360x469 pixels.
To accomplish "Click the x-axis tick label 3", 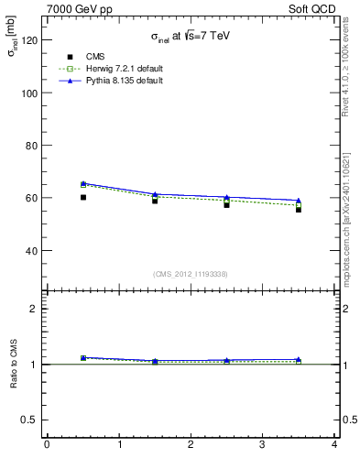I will click(262, 446).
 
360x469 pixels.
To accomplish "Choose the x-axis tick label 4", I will click(334, 446).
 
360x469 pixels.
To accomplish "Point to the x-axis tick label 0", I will click(47, 446).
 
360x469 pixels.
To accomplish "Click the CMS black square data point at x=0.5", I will click(83, 197).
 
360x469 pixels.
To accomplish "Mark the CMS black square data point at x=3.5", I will click(299, 209).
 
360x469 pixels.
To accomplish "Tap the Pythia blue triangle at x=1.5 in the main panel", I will click(155, 194).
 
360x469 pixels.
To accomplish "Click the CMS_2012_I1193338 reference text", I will click(190, 274).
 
